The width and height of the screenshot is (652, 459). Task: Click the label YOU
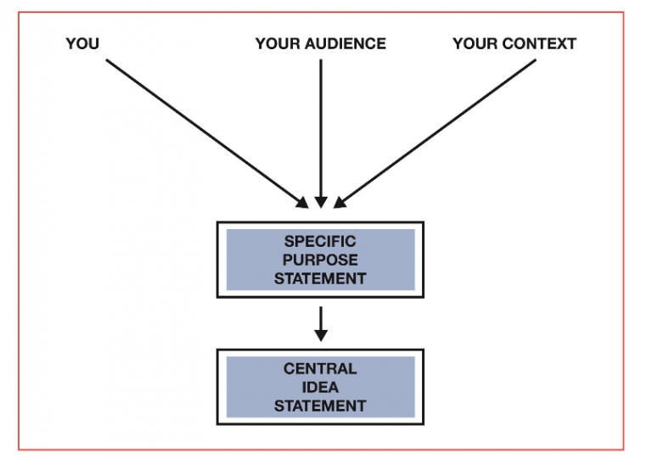point(82,43)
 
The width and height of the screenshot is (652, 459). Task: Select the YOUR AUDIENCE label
point(320,43)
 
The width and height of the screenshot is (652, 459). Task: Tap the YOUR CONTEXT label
point(514,43)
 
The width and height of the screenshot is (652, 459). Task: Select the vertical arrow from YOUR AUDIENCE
point(320,127)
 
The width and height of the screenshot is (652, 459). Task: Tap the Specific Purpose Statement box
point(320,260)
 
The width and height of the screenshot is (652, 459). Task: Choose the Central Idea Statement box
point(320,387)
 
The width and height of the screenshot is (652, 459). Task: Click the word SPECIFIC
point(320,242)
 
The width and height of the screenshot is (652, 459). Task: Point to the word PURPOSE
point(320,260)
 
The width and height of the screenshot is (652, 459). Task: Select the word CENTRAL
point(320,369)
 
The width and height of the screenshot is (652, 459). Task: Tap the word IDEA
point(320,387)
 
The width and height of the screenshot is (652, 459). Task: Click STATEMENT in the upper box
point(320,277)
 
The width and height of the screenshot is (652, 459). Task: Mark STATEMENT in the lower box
point(320,405)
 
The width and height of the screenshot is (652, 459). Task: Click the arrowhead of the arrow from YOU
point(302,202)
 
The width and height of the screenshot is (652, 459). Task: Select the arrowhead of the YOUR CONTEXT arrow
point(339,202)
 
